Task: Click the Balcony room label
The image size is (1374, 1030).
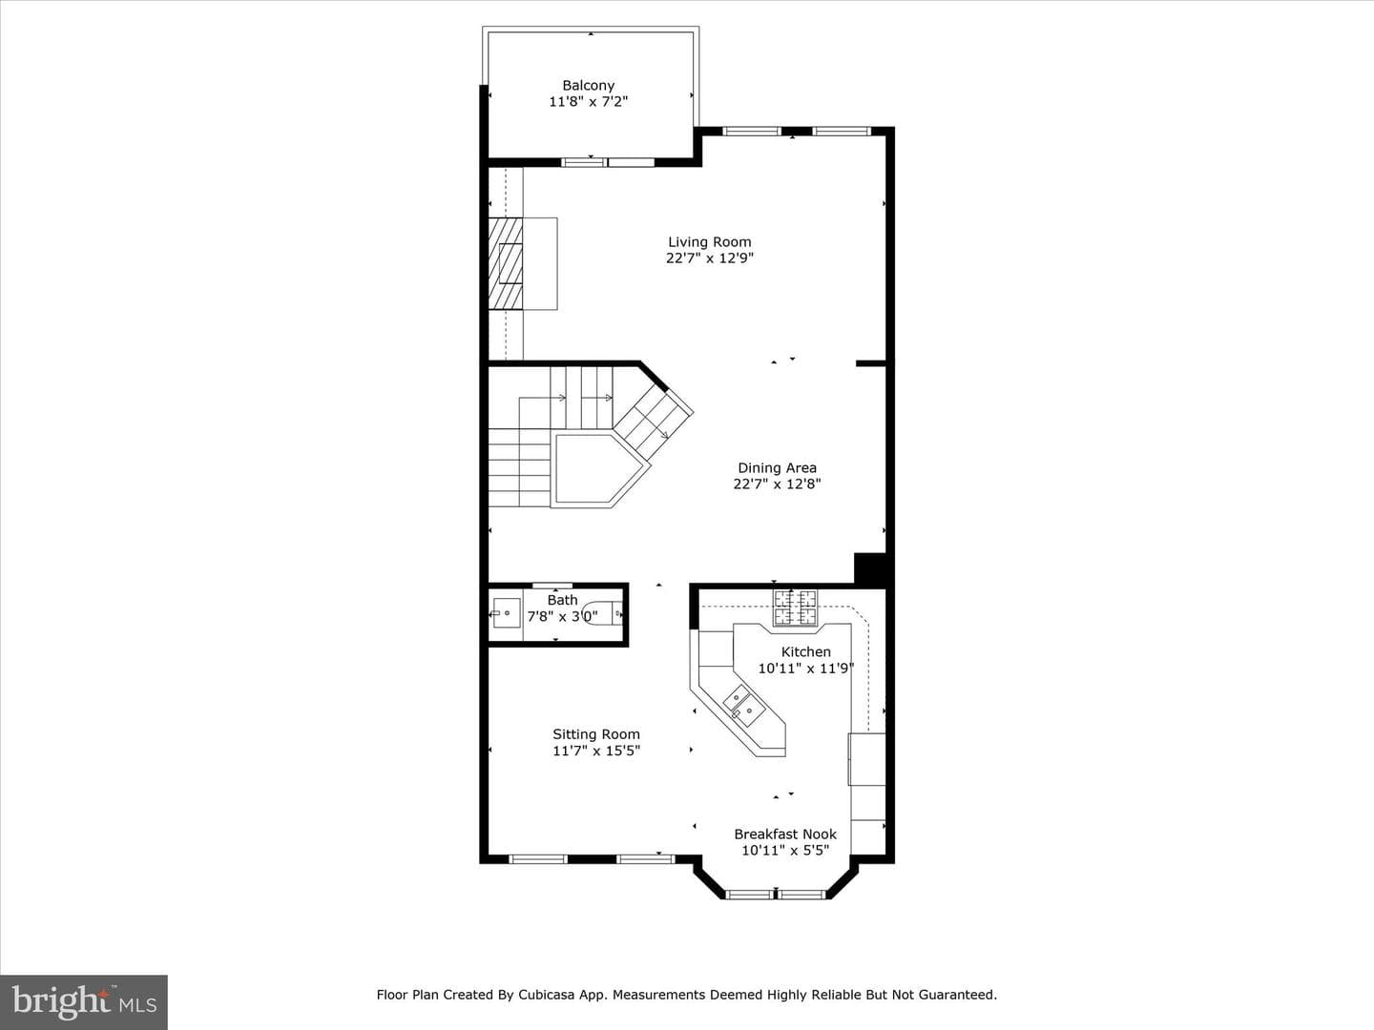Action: [x=589, y=85]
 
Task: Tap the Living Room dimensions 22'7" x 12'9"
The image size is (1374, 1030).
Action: [x=710, y=257]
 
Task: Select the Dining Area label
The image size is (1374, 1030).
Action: [x=777, y=467]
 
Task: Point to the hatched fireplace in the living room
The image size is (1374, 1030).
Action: [x=505, y=263]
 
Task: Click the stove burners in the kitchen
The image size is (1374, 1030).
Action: [x=796, y=608]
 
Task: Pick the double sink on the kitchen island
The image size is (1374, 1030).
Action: [x=742, y=706]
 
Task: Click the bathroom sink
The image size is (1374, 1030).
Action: [x=506, y=613]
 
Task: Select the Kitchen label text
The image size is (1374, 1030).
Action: [x=806, y=651]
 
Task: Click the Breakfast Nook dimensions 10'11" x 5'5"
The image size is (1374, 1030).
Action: [x=785, y=850]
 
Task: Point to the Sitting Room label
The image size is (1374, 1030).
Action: [x=596, y=734]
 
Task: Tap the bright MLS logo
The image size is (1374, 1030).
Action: [x=84, y=1002]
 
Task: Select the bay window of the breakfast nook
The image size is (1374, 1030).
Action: [x=776, y=895]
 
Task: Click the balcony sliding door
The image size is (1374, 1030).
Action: [x=608, y=162]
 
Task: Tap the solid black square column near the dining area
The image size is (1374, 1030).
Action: [x=871, y=568]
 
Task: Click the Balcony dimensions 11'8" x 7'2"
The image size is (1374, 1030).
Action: [x=589, y=101]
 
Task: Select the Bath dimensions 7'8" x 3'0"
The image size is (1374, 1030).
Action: [x=562, y=617]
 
